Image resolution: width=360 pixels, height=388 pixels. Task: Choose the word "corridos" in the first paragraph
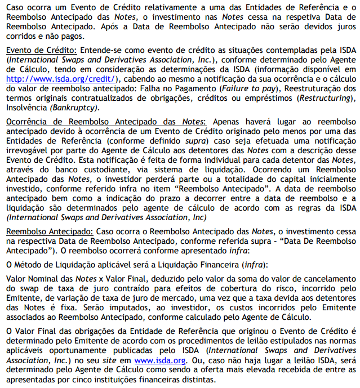click(x=20, y=36)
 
